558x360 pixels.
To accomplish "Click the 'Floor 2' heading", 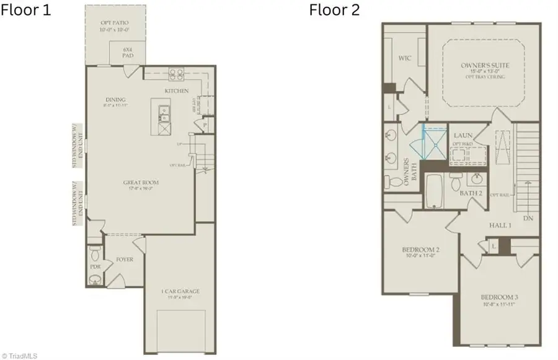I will pyautogui.click(x=334, y=11).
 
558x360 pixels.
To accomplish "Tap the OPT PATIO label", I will pyautogui.click(x=115, y=24).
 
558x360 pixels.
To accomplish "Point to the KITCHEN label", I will pyautogui.click(x=177, y=91).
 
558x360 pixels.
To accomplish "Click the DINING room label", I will pyautogui.click(x=115, y=100).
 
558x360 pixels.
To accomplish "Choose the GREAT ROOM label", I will pyautogui.click(x=141, y=183).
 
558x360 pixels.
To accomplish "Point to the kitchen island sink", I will pyautogui.click(x=164, y=113).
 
